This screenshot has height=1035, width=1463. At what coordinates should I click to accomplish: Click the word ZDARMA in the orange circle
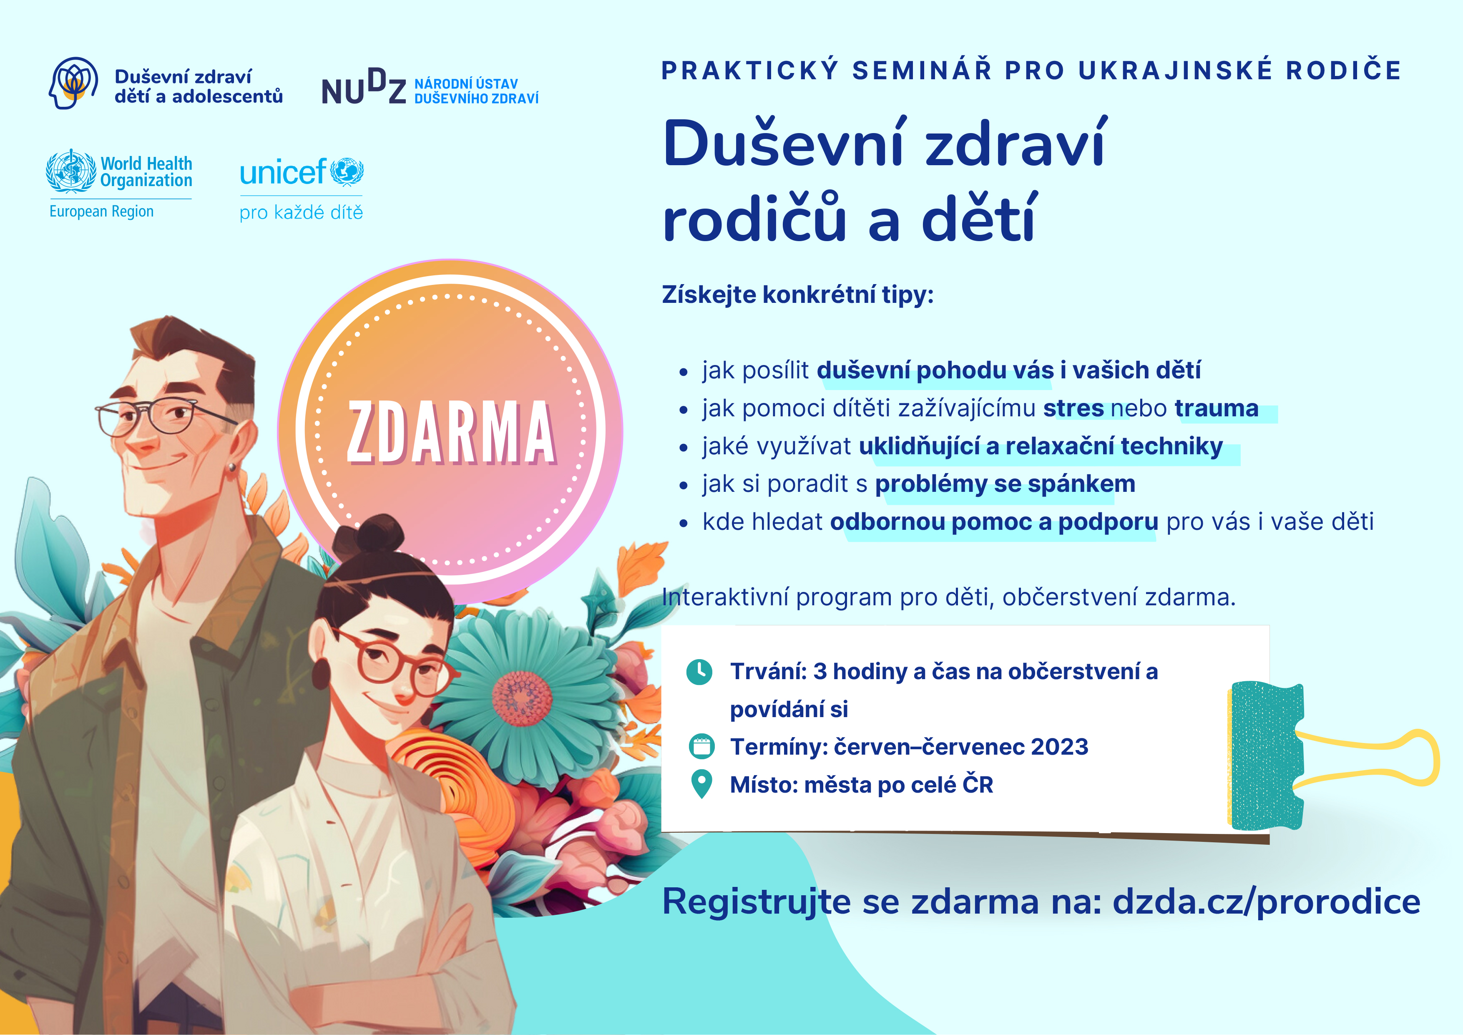click(451, 432)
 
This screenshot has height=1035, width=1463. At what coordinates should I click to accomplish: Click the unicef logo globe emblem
click(347, 171)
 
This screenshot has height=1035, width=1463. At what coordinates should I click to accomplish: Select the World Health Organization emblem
click(71, 171)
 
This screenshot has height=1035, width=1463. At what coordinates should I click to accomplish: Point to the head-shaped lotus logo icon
click(73, 83)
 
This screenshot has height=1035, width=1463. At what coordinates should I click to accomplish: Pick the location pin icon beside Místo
click(701, 784)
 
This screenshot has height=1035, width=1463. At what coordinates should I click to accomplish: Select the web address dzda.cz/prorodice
click(1266, 902)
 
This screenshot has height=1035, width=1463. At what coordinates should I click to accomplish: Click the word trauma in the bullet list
click(1217, 408)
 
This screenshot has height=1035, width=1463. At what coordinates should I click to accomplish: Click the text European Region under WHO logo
click(101, 212)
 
